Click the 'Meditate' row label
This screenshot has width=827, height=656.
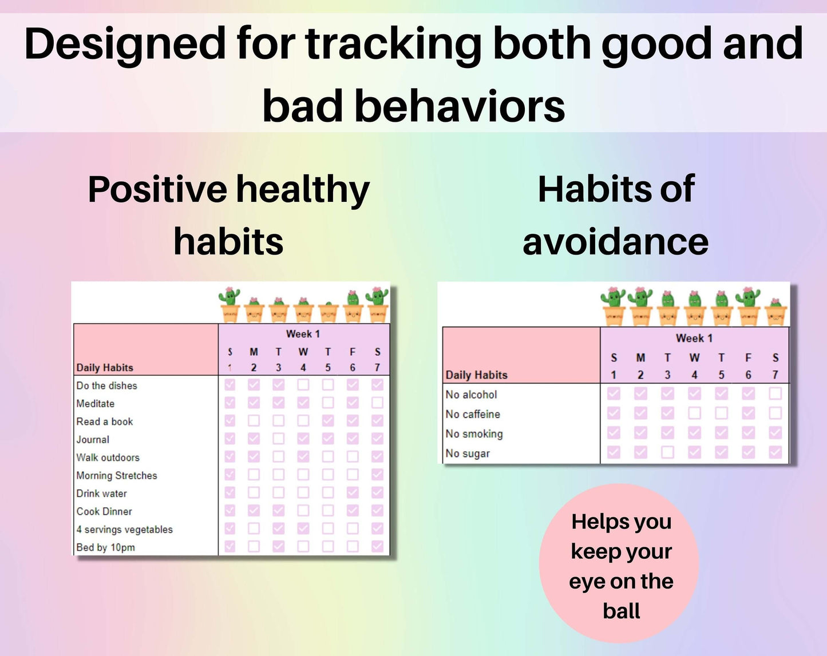pyautogui.click(x=96, y=404)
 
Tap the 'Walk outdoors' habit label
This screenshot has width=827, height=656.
pyautogui.click(x=108, y=458)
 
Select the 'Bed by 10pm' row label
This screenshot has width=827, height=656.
pyautogui.click(x=106, y=547)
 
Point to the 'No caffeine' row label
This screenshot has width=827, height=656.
pyautogui.click(x=473, y=414)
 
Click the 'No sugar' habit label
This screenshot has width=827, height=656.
pyautogui.click(x=468, y=454)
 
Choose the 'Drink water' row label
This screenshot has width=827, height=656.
pyautogui.click(x=102, y=494)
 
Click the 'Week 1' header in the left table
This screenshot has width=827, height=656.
pyautogui.click(x=303, y=334)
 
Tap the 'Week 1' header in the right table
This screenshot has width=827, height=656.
pyautogui.click(x=694, y=338)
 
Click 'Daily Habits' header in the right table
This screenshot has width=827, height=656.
pyautogui.click(x=476, y=375)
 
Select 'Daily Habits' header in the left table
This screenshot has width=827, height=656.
pyautogui.click(x=105, y=368)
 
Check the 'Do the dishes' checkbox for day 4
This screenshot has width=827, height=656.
pyautogui.click(x=303, y=384)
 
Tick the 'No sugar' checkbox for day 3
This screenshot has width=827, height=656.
pyautogui.click(x=667, y=452)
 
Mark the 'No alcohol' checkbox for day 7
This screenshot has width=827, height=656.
pyautogui.click(x=775, y=393)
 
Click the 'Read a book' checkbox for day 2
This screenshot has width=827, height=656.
pyautogui.click(x=254, y=420)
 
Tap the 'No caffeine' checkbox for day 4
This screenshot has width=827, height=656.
pyautogui.click(x=694, y=413)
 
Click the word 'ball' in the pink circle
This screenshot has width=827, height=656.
pyautogui.click(x=622, y=611)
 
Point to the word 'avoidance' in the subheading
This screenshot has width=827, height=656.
pyautogui.click(x=615, y=242)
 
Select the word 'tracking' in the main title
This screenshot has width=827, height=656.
pyautogui.click(x=394, y=44)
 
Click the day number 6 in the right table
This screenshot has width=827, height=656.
pyautogui.click(x=748, y=375)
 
